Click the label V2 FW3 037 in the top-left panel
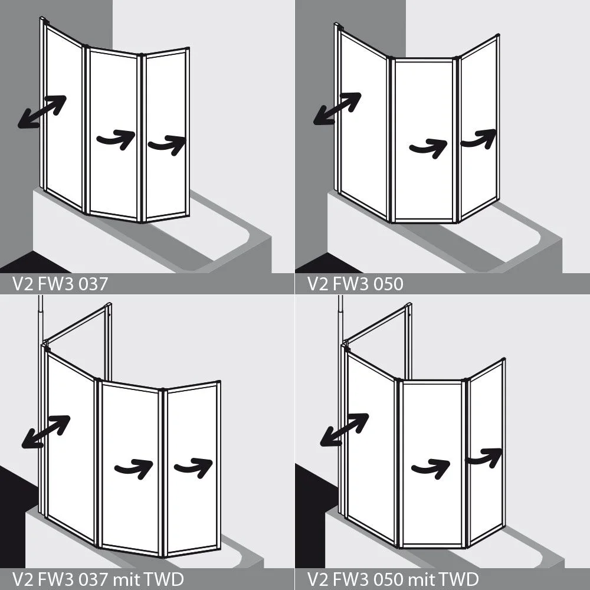click(x=60, y=284)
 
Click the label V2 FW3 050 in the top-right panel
click(x=355, y=284)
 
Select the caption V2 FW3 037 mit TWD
click(x=98, y=579)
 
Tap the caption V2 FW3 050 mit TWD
click(x=393, y=579)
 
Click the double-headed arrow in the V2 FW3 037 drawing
click(x=42, y=112)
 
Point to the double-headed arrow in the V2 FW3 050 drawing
click(x=337, y=109)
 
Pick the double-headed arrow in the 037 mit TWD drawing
click(x=46, y=432)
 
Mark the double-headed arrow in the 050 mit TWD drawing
click(x=345, y=430)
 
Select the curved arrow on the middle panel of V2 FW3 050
click(x=429, y=148)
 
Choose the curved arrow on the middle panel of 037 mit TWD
click(x=134, y=469)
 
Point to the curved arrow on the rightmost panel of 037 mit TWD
click(x=194, y=468)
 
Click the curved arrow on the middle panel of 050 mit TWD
click(x=431, y=468)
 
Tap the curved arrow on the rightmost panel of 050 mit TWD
click(x=484, y=458)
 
